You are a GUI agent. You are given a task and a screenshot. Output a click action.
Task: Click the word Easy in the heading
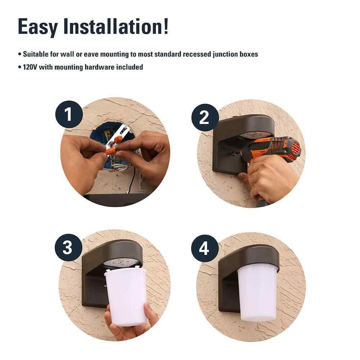pyautogui.click(x=38, y=27)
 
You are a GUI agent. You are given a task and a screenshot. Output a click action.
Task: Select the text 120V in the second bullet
pyautogui.click(x=30, y=67)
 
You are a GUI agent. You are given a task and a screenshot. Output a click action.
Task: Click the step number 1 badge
pyautogui.click(x=69, y=114)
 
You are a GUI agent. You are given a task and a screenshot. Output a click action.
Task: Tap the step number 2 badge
pyautogui.click(x=205, y=118)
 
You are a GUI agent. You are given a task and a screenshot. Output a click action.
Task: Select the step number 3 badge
pyautogui.click(x=68, y=248)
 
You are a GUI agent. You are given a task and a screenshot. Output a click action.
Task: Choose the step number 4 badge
pyautogui.click(x=205, y=248)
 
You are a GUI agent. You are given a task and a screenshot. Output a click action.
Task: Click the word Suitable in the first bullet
pyautogui.click(x=36, y=54)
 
